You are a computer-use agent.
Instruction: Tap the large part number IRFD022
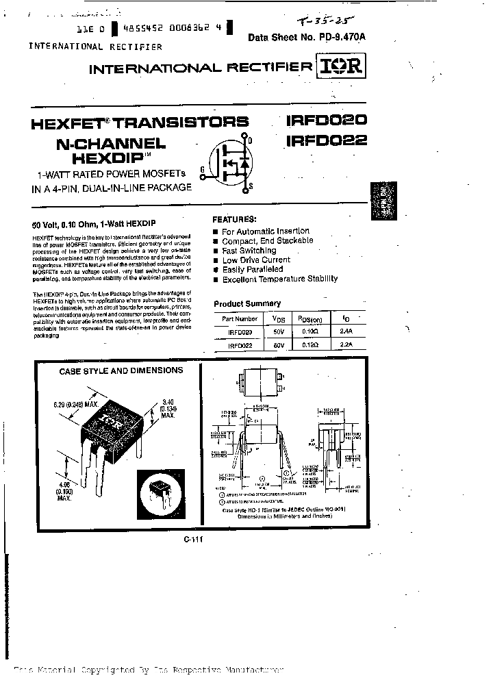pyautogui.click(x=327, y=141)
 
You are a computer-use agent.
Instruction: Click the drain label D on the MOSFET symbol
pyautogui.click(x=250, y=140)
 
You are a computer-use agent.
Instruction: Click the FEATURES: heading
pyautogui.click(x=235, y=220)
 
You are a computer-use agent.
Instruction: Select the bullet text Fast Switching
pyautogui.click(x=249, y=251)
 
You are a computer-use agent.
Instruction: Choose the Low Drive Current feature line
pyautogui.click(x=256, y=260)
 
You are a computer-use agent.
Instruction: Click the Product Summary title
pyautogui.click(x=247, y=303)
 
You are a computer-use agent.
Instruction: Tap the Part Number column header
pyautogui.click(x=236, y=318)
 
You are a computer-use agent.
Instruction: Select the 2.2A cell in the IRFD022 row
pyautogui.click(x=346, y=345)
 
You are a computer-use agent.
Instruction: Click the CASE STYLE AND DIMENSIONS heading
pyautogui.click(x=121, y=370)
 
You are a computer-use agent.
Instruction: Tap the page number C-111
pyautogui.click(x=194, y=539)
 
